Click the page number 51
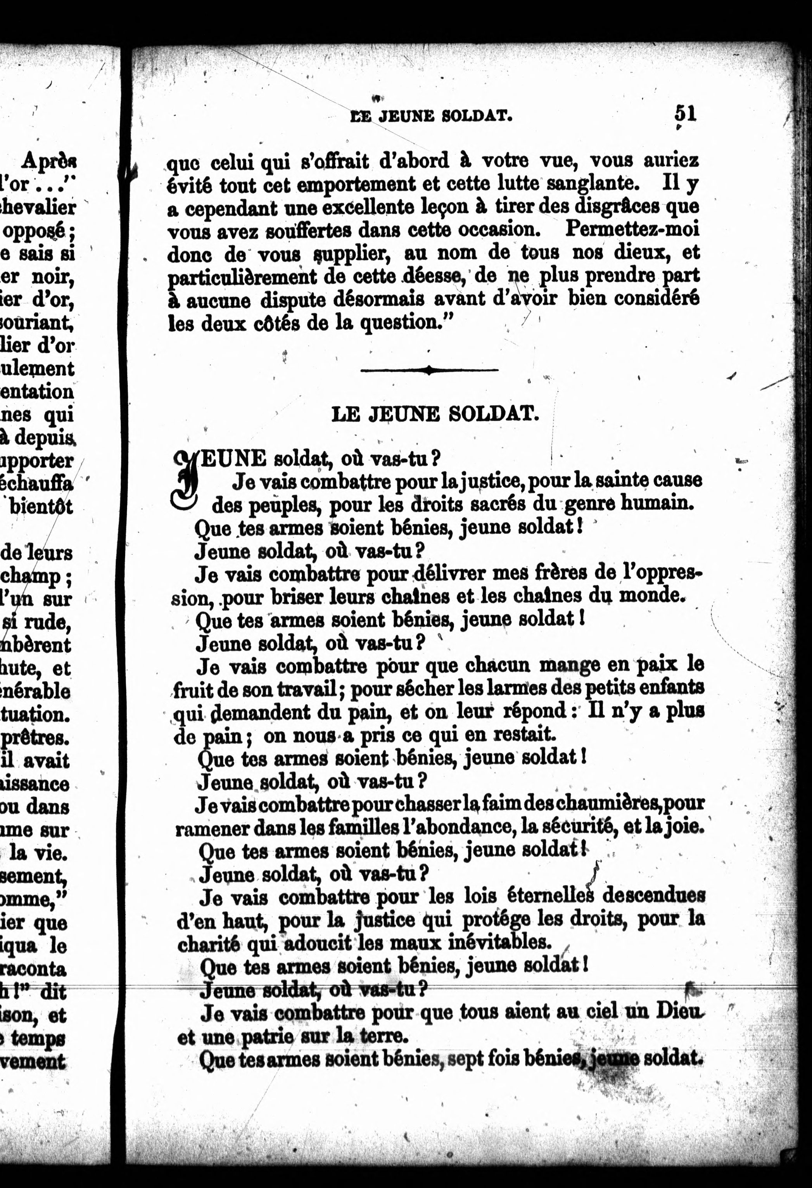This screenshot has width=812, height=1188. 685,113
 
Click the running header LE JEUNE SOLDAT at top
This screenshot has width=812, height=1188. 431,117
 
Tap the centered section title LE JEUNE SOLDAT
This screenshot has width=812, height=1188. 435,414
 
